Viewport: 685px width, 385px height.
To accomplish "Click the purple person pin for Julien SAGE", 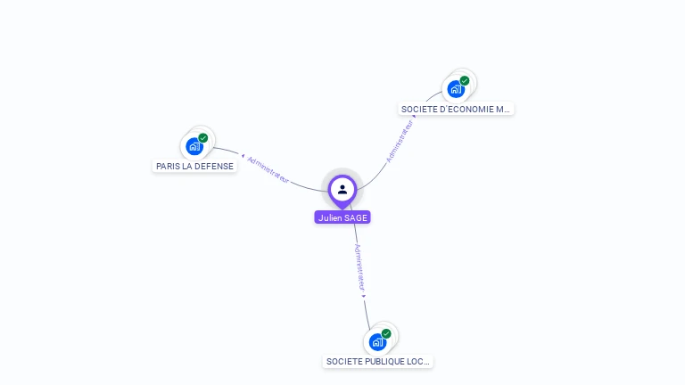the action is coord(342,189).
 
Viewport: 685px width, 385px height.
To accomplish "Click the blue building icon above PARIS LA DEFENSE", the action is coord(194,146).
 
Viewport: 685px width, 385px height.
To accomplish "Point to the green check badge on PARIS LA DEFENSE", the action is coord(203,138).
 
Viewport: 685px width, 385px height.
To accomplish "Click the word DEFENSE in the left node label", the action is coord(215,166).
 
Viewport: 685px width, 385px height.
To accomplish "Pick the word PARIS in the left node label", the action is coord(168,166).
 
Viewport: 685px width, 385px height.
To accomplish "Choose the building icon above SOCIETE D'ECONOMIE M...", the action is coord(456,89).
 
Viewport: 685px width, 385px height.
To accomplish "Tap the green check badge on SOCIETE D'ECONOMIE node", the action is coord(465,81).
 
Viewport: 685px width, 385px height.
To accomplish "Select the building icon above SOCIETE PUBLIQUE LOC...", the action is coord(377,341).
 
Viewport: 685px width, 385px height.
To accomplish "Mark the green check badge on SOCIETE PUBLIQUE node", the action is coord(386,333).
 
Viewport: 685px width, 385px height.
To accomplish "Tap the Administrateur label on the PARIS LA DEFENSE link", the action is coord(268,170).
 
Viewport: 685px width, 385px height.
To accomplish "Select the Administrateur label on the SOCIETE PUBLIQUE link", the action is coord(359,267).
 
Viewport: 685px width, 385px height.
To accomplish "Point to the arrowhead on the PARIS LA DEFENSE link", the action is coord(243,156).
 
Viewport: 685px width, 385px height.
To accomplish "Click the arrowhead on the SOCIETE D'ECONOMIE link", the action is coord(415,116).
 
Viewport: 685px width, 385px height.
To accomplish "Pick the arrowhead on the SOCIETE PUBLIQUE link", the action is coord(364,295).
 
